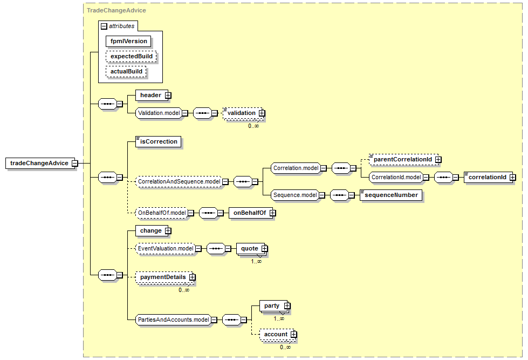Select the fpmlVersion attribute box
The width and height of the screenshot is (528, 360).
tap(128, 41)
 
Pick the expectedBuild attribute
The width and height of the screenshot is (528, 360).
tap(131, 56)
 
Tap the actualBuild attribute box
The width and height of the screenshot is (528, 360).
tap(126, 71)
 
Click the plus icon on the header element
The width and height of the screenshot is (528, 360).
tap(168, 96)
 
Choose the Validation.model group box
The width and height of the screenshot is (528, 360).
tap(157, 113)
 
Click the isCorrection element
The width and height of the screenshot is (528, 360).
tap(158, 142)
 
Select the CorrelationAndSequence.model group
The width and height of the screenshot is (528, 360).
tap(178, 182)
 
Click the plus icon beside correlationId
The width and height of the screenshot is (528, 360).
tap(512, 177)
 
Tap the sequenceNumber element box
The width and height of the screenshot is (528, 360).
tap(391, 195)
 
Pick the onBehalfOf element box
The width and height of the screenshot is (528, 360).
tap(250, 213)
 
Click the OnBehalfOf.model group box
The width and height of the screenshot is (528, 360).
tap(161, 213)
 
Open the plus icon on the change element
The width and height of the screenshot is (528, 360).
tap(168, 230)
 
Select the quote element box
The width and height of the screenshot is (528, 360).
tap(249, 249)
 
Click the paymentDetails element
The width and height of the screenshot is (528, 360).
tap(163, 277)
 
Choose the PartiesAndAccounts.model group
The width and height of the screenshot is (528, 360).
tap(173, 320)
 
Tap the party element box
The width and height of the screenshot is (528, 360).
tap(272, 306)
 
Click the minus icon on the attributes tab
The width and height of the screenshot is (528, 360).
tap(104, 26)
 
